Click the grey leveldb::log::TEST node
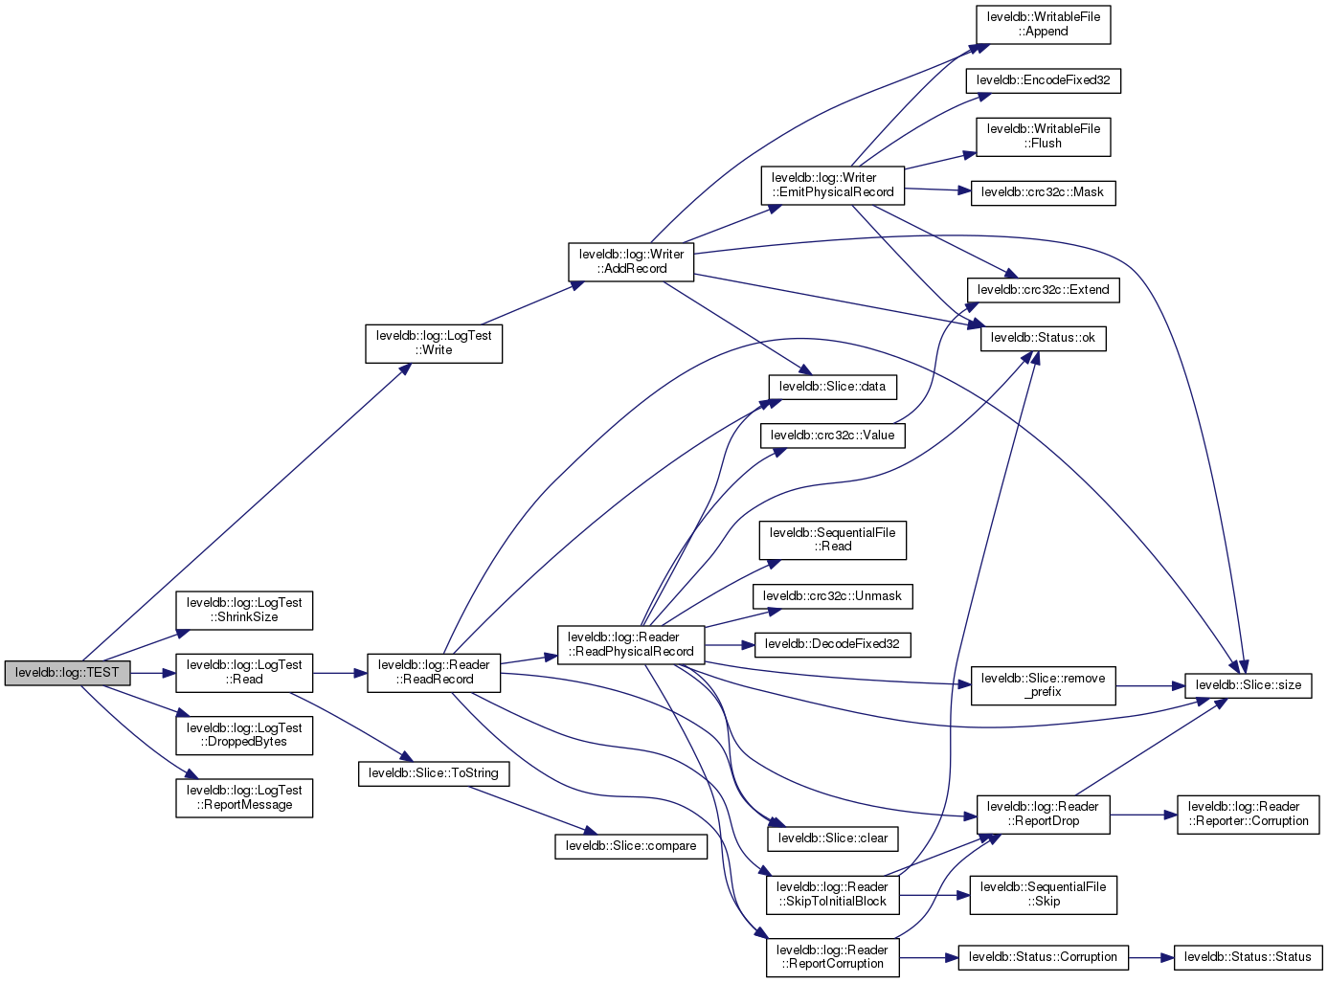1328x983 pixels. [x=67, y=673]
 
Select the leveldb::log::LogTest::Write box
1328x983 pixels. [x=433, y=344]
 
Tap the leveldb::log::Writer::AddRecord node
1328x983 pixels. [x=631, y=261]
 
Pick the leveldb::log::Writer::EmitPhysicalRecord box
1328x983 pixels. [x=832, y=185]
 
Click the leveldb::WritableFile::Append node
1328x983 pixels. [x=1043, y=25]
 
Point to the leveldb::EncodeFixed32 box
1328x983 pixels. [x=1043, y=80]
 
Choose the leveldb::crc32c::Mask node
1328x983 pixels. [x=1042, y=192]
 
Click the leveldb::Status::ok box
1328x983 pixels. [x=1043, y=338]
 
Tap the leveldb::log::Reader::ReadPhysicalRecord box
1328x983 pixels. [x=630, y=644]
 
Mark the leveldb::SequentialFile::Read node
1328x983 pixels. [x=832, y=540]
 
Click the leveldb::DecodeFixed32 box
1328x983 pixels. [x=832, y=644]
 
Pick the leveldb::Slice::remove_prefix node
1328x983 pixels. [x=1043, y=685]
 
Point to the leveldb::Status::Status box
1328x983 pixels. [x=1247, y=957]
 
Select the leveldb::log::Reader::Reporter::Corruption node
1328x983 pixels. [x=1248, y=814]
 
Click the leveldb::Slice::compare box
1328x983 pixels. [x=630, y=846]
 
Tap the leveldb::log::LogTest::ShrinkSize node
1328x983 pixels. [x=244, y=610]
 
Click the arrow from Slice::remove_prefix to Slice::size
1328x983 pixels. [x=1150, y=685]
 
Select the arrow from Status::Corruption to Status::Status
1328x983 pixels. [x=1151, y=957]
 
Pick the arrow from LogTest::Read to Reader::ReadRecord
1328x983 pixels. [x=340, y=673]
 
